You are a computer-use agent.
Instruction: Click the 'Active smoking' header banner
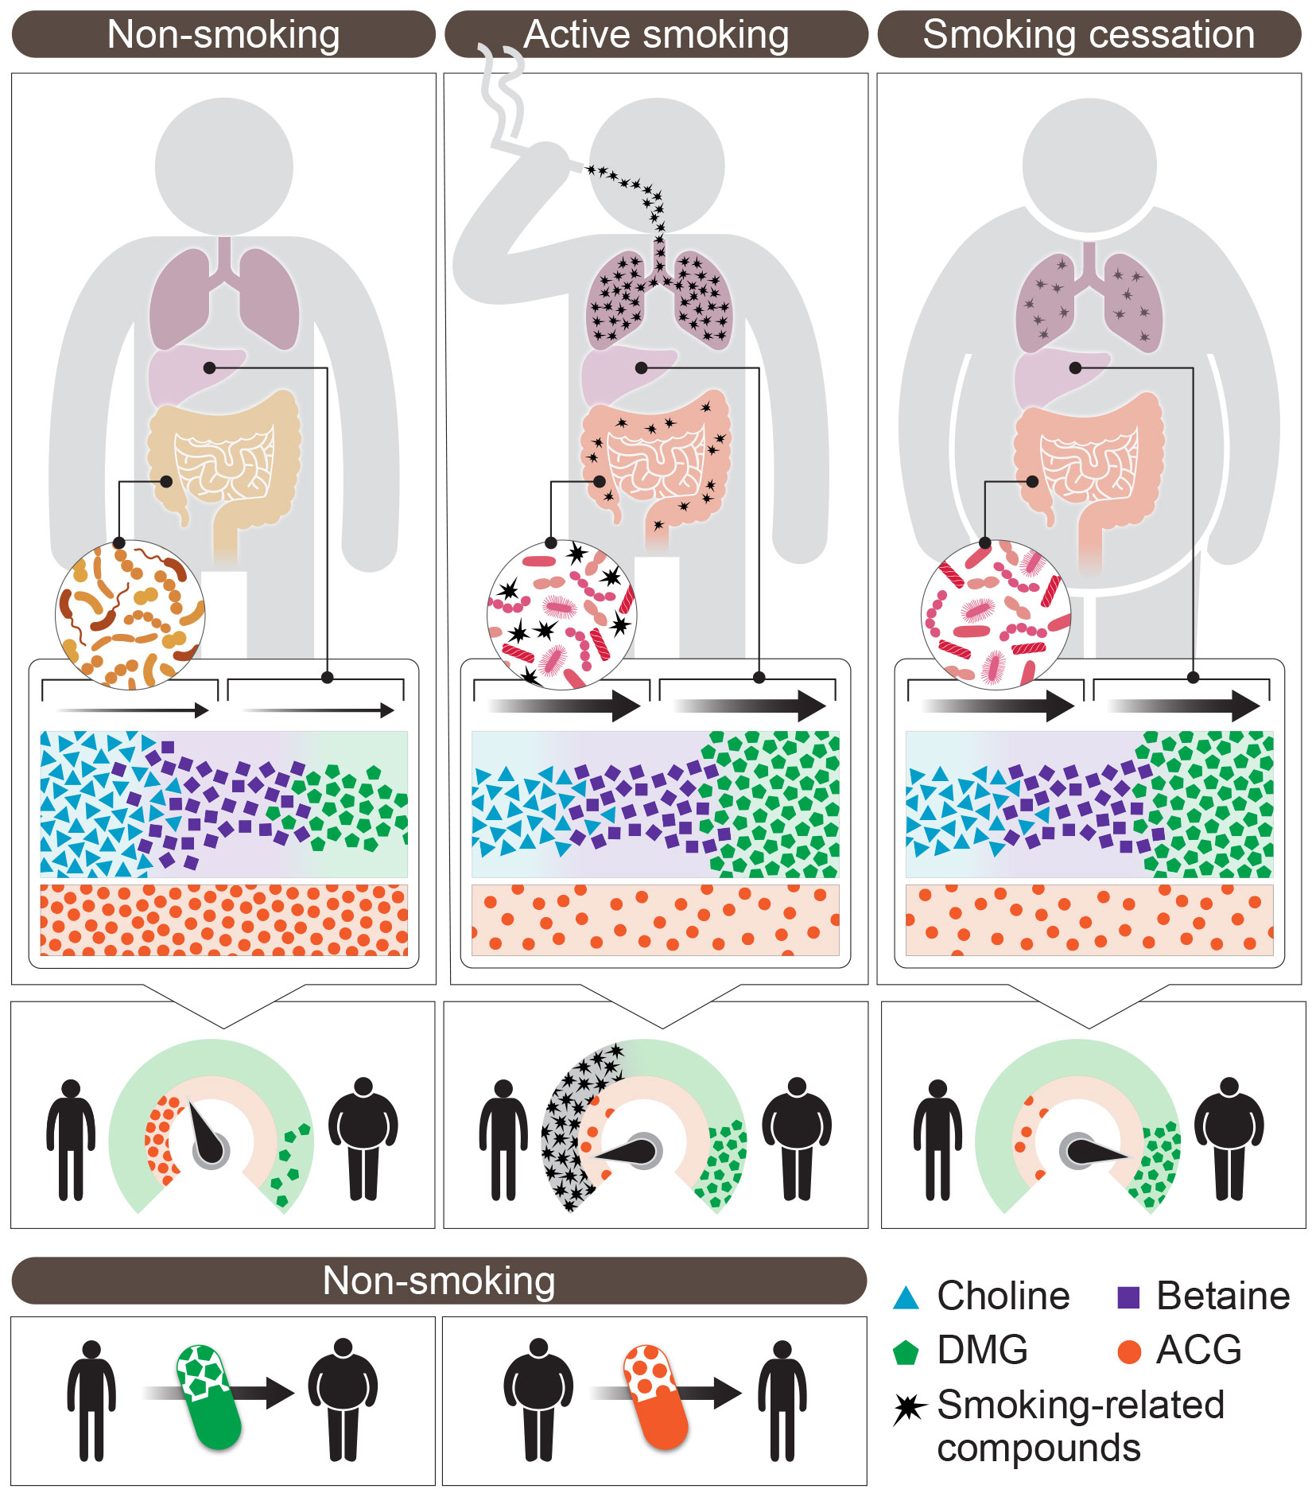point(656,34)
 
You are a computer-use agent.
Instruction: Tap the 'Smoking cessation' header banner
point(1089,34)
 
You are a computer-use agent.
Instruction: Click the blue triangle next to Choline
point(906,1297)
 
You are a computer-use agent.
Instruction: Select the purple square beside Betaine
point(1128,1297)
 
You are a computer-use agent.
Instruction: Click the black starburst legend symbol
point(909,1409)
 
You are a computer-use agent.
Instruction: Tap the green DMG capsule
point(208,1397)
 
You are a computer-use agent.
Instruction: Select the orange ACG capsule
point(655,1397)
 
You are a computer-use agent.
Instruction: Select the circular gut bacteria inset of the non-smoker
point(130,614)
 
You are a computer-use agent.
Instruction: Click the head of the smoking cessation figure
point(1089,165)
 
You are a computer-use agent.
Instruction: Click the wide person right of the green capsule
point(343,1400)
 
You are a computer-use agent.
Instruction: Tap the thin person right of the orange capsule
point(782,1400)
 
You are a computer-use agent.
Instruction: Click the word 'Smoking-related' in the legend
point(1081,1406)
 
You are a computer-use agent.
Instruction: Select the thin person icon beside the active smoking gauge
point(503,1139)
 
